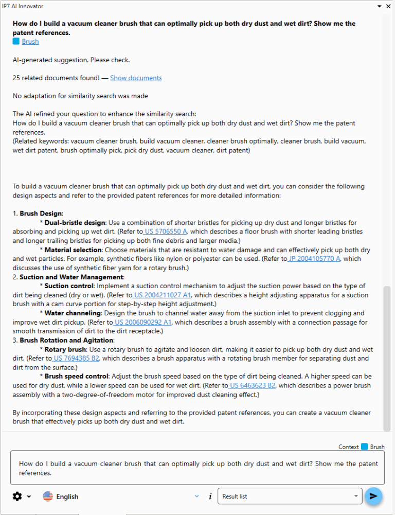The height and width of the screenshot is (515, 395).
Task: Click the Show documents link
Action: (136, 78)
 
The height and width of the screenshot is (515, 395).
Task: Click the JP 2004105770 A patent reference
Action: (315, 259)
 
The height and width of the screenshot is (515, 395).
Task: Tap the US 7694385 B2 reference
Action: (77, 359)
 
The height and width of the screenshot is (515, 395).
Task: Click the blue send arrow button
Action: (373, 496)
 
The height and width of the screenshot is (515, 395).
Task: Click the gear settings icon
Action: (17, 496)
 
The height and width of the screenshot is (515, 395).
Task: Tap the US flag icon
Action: (48, 496)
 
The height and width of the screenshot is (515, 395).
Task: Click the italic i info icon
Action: (210, 496)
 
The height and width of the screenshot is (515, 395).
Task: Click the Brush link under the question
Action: (30, 42)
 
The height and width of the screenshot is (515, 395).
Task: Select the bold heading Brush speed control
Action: (77, 376)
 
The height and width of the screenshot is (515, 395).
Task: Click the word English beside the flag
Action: (67, 496)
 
